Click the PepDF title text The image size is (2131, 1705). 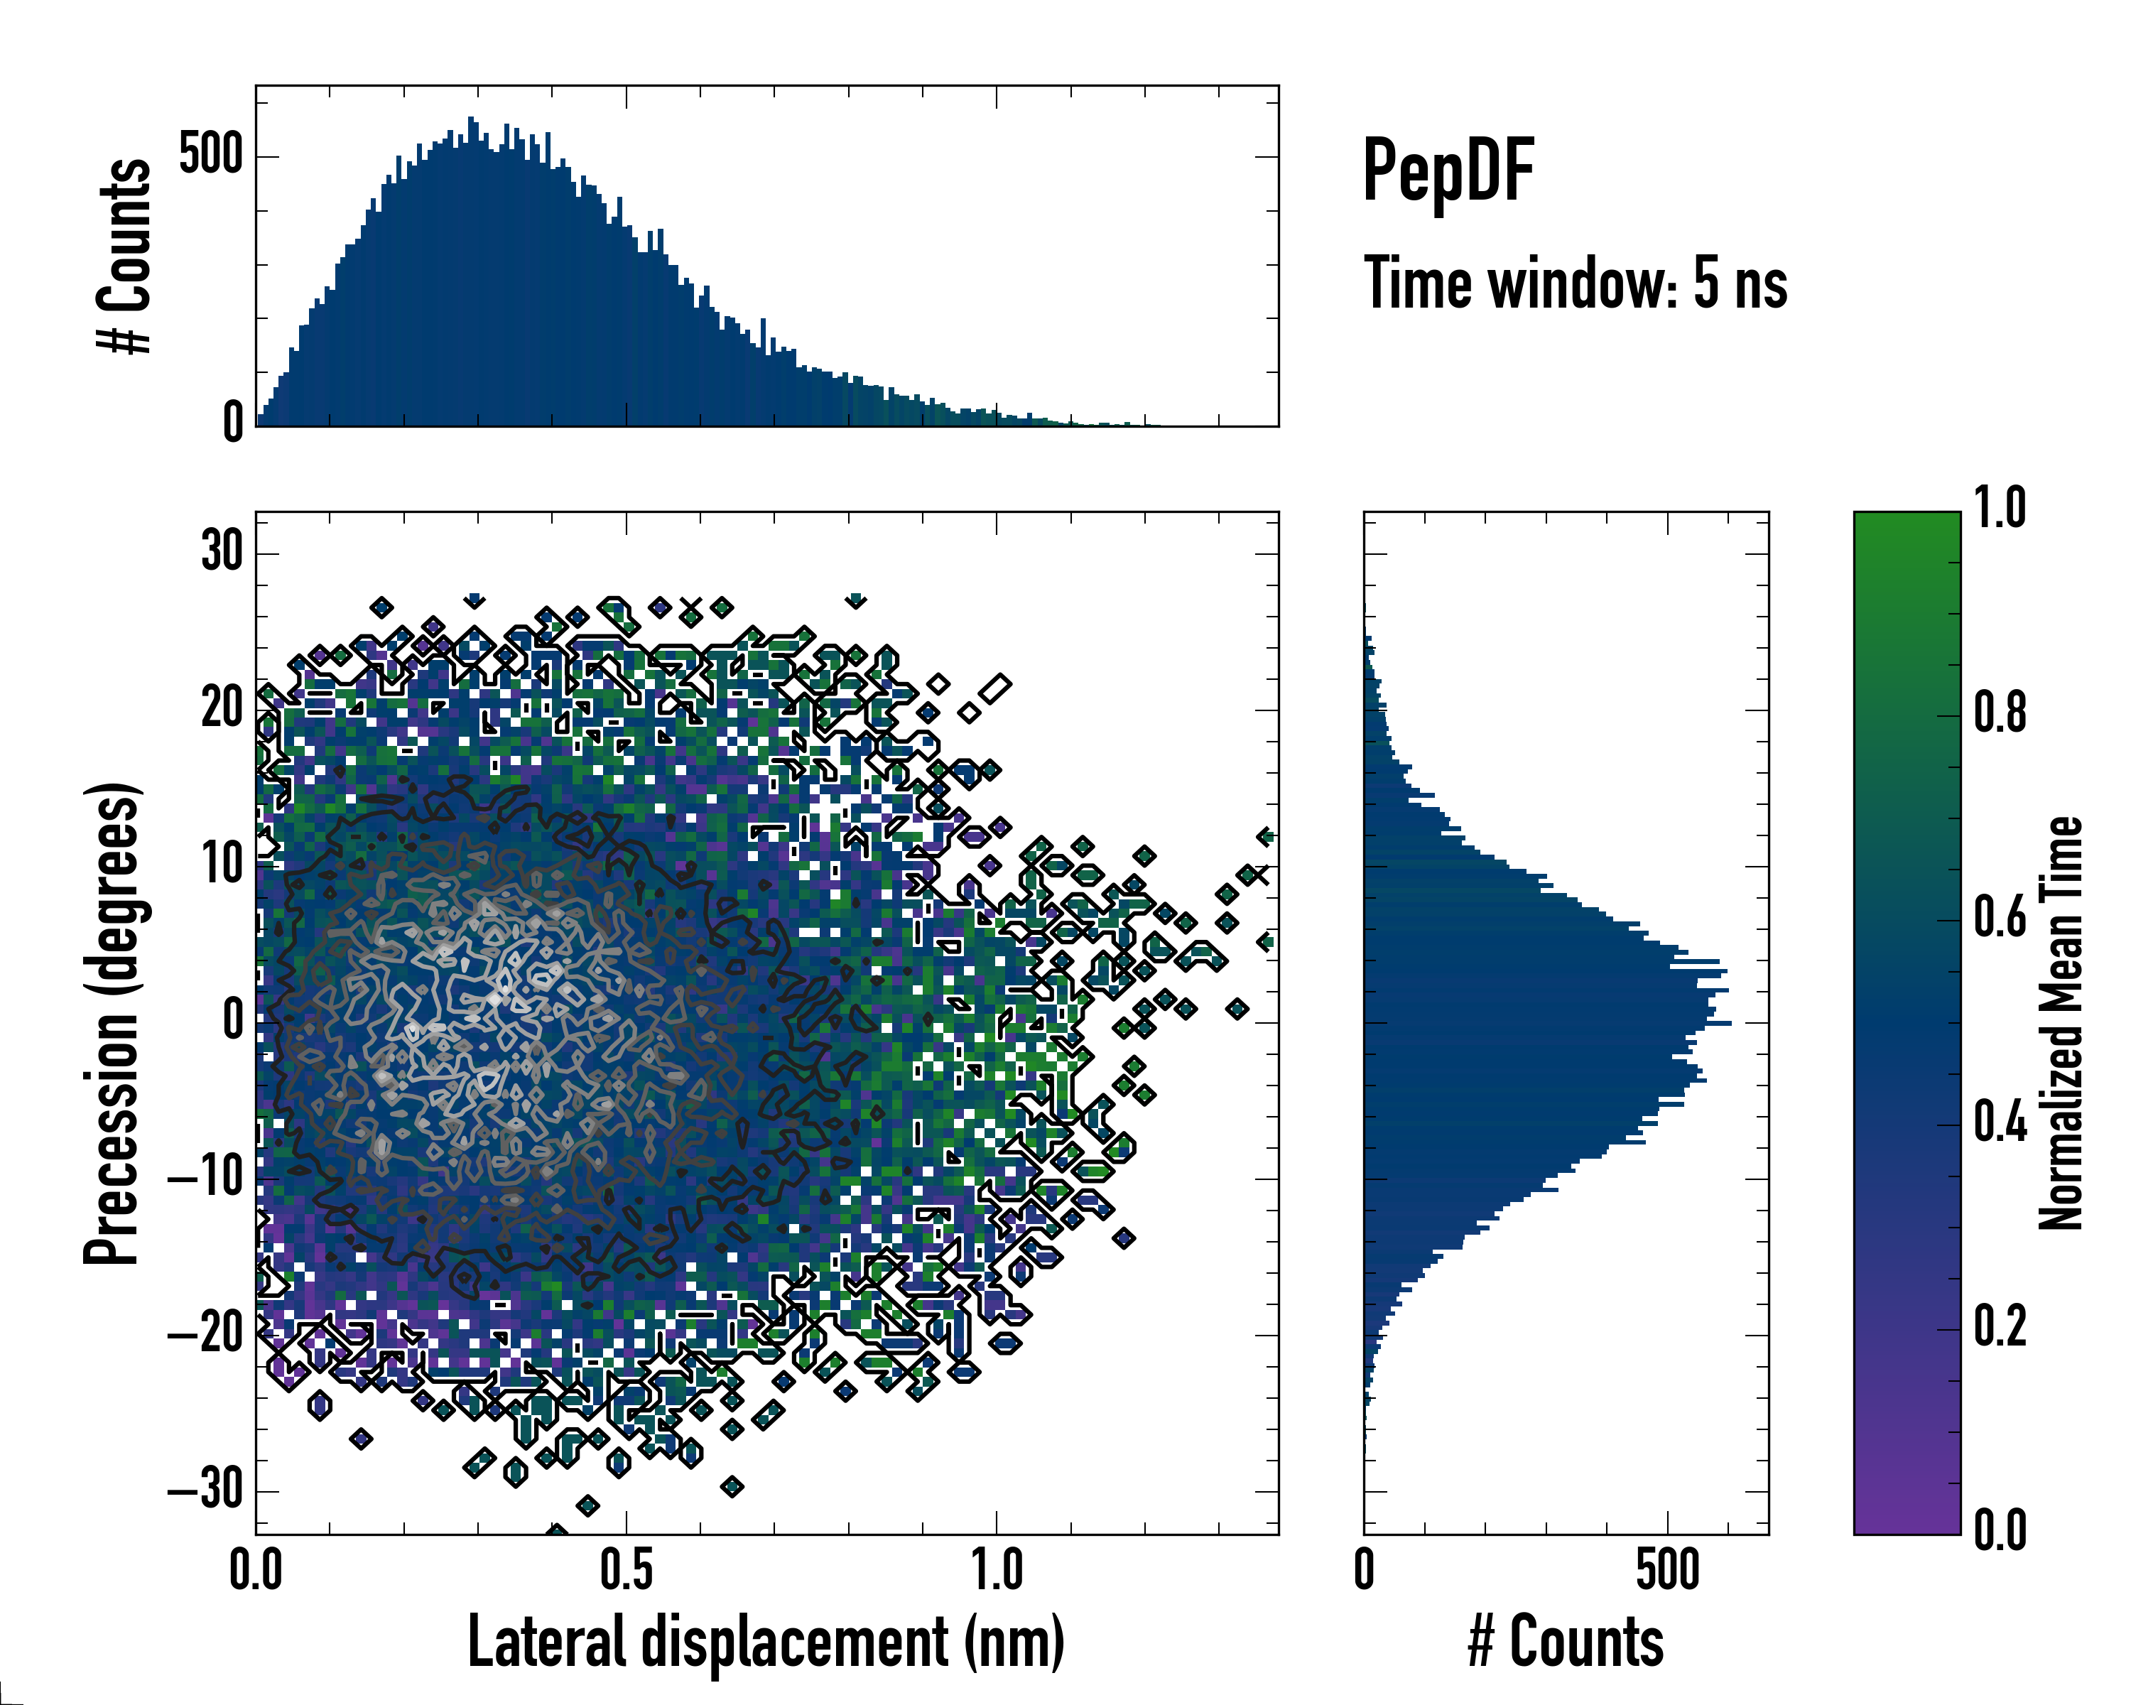click(1448, 171)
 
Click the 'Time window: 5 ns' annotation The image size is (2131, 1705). click(1576, 283)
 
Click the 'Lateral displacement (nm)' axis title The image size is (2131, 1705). click(766, 1642)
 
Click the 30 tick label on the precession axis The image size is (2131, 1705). click(222, 551)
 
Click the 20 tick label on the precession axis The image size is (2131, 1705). click(222, 708)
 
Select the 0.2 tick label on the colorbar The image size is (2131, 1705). click(2000, 1326)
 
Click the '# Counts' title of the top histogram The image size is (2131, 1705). click(126, 256)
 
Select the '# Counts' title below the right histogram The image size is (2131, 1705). click(1566, 1642)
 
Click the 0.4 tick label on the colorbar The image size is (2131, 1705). click(2000, 1123)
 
